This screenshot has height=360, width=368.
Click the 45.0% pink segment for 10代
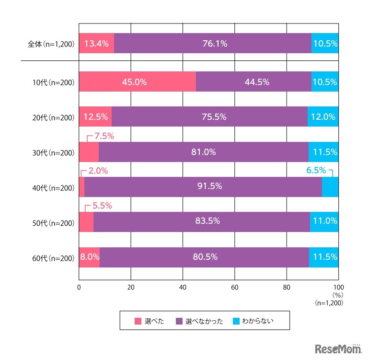pos(137,82)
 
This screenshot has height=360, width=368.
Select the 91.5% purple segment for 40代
pos(203,187)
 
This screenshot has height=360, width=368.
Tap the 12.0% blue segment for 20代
pos(323,117)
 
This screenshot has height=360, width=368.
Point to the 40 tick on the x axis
pos(183,288)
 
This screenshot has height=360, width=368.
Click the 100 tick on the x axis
pos(338,288)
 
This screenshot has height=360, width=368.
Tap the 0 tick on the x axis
pos(79,288)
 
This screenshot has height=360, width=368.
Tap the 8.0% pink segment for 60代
pos(89,257)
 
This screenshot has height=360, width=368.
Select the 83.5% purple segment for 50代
pos(201,221)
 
